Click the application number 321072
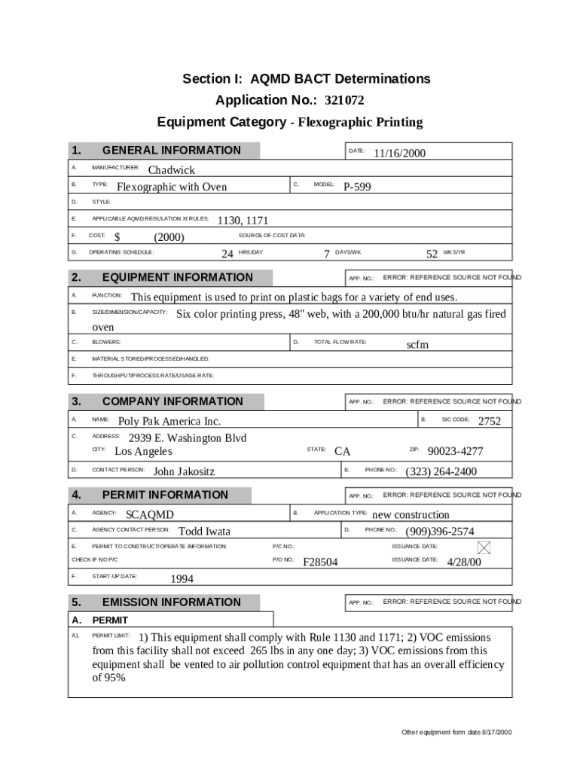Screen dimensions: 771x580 pos(349,101)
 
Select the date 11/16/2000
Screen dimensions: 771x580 pos(399,154)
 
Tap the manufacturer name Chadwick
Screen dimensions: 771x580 pos(171,170)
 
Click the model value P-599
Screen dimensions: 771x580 pos(357,187)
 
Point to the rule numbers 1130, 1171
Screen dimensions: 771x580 pos(243,221)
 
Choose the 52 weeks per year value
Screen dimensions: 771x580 pos(432,254)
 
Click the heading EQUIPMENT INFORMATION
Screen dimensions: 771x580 pos(177,277)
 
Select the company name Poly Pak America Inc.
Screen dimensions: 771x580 pos(169,422)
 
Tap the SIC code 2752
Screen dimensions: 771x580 pos(489,422)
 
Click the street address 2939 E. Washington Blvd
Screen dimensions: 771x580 pos(188,438)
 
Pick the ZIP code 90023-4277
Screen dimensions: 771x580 pos(455,452)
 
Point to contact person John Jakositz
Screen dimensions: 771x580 pos(184,472)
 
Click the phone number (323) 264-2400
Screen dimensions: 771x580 pos(441,472)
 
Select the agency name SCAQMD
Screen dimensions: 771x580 pos(149,515)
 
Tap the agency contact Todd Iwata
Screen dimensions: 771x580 pos(204,532)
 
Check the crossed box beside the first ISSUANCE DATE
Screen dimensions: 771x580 pos(484,547)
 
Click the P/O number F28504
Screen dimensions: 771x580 pos(320,562)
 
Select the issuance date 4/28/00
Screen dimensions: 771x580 pos(463,562)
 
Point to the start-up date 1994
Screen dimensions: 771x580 pos(182,579)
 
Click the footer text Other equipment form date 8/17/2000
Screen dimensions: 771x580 pos(456,733)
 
